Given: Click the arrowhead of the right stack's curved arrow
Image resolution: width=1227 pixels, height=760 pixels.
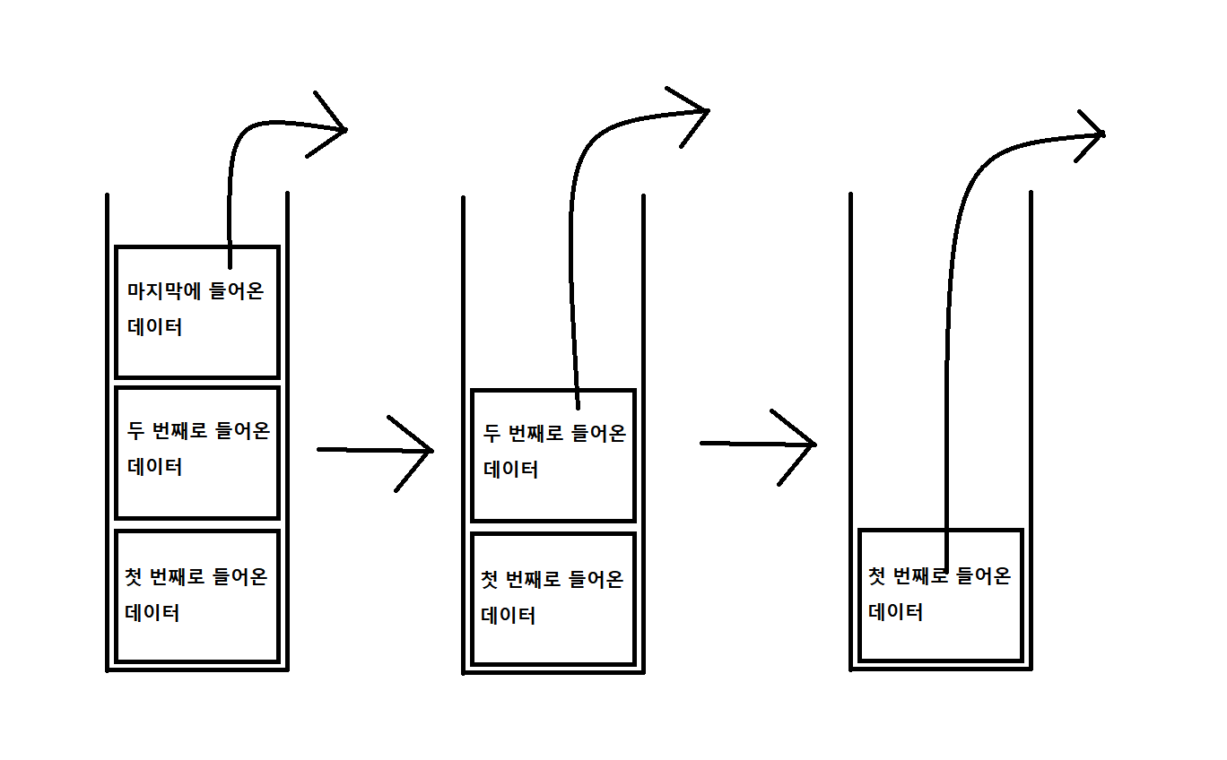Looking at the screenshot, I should (1092, 134).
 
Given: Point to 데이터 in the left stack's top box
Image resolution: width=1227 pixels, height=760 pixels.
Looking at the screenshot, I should (155, 327).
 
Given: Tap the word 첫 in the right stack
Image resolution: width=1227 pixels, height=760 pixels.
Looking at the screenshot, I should (877, 575).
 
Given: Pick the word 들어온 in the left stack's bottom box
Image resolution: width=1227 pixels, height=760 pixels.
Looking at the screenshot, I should (239, 576).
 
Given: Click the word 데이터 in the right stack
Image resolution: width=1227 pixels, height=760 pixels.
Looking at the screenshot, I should (896, 613).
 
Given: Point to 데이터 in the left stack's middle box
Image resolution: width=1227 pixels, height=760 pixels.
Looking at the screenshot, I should (155, 467).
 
